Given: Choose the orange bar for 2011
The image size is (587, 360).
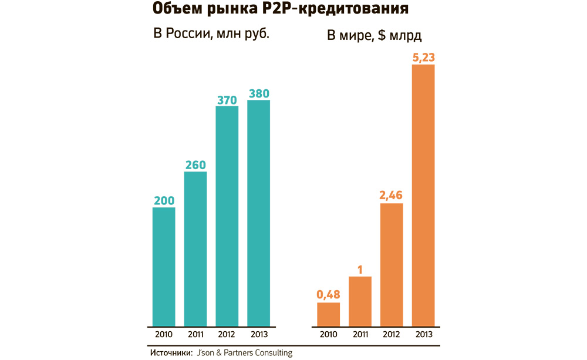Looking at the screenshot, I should tap(360, 301).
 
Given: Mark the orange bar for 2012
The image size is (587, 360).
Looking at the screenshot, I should tap(392, 264).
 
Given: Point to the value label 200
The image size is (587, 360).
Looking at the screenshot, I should tap(164, 200).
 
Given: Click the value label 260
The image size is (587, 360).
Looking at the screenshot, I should tap(195, 164).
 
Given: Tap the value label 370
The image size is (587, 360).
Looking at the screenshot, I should tap(227, 99).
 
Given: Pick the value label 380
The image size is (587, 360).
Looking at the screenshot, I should tap(259, 93).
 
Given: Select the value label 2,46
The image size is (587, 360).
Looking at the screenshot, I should tap(392, 196).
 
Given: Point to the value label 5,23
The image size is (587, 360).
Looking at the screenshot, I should tap(423, 57).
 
